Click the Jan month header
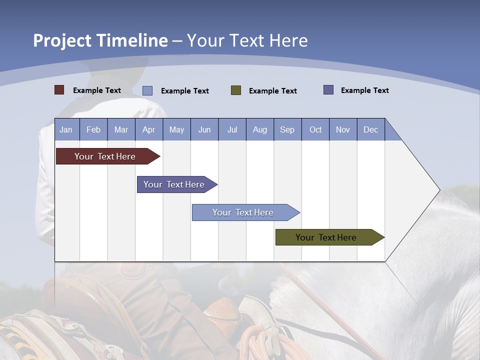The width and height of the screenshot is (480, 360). (x=66, y=130)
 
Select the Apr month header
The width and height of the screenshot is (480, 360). (x=148, y=130)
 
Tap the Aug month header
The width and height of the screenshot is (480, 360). (x=259, y=130)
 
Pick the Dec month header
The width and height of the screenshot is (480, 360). (x=370, y=130)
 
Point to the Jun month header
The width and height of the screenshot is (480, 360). (x=204, y=130)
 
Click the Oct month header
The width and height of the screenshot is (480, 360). (x=315, y=130)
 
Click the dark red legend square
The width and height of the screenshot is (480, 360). (x=59, y=90)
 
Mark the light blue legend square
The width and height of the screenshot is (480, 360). (x=147, y=90)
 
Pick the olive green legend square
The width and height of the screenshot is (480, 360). (x=236, y=90)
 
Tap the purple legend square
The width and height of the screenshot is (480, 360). (x=328, y=90)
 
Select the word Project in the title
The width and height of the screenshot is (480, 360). (x=62, y=40)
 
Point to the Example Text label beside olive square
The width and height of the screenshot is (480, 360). (x=272, y=91)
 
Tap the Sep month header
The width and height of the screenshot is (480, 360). (x=287, y=130)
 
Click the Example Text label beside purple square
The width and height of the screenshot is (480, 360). (x=364, y=90)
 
